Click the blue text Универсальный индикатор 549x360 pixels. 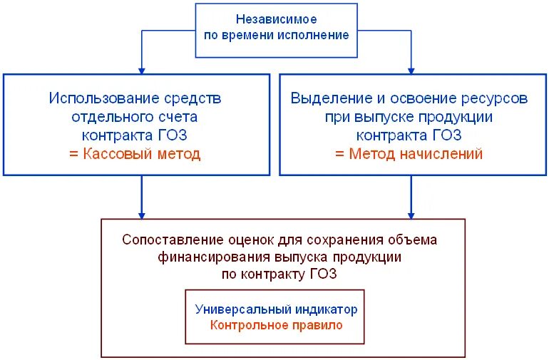pyautogui.click(x=276, y=310)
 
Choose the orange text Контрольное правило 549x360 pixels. pyautogui.click(x=276, y=325)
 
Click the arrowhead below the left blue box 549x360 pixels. pyautogui.click(x=141, y=214)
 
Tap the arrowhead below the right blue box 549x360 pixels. pyautogui.click(x=411, y=214)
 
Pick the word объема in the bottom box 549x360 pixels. pyautogui.click(x=415, y=240)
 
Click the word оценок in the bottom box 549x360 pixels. pyautogui.click(x=250, y=240)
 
